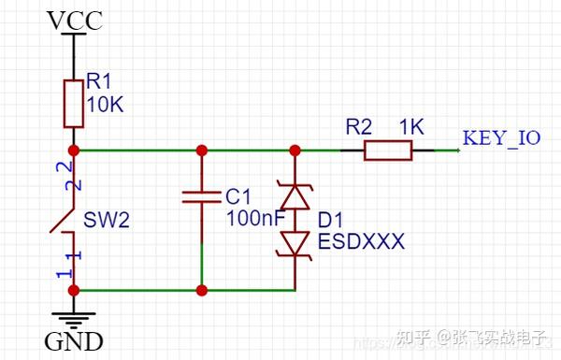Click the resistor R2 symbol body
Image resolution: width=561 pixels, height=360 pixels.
point(388,150)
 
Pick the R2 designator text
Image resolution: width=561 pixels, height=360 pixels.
point(358,126)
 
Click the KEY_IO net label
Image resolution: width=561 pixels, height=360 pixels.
point(501,139)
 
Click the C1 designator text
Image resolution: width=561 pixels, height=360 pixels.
point(239,196)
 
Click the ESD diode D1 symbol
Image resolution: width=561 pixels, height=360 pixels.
point(295,220)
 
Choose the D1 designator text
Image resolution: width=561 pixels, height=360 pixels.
point(331,221)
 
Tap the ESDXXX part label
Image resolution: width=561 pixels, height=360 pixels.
point(361,241)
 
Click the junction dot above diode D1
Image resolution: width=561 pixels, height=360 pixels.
point(295,150)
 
